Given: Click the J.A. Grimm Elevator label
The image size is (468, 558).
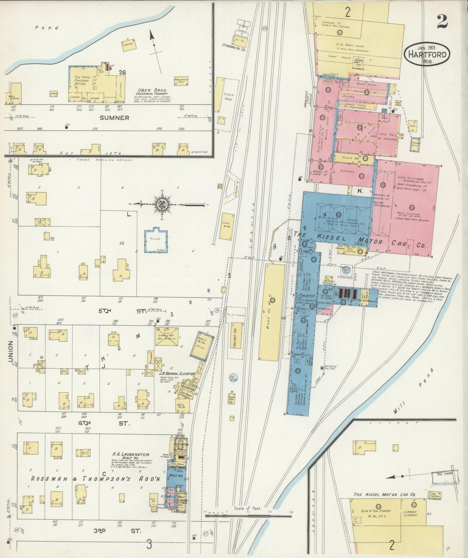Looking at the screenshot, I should pyautogui.click(x=176, y=373).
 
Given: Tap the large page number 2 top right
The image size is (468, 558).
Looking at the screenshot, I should pyautogui.click(x=442, y=22).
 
